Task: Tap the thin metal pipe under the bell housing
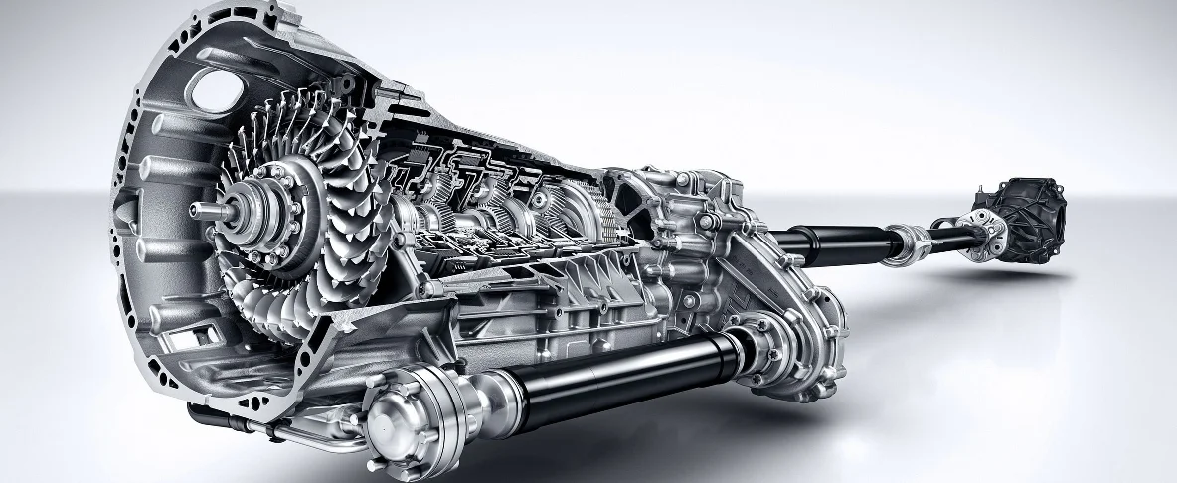[x=288, y=431]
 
